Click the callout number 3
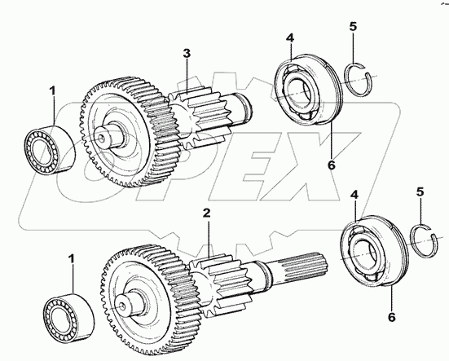click(x=187, y=54)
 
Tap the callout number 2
click(x=206, y=213)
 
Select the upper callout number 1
click(x=53, y=91)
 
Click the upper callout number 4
click(x=290, y=38)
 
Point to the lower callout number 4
click(x=354, y=196)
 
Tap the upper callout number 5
click(x=353, y=26)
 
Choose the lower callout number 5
click(x=420, y=192)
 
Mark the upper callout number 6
click(x=332, y=165)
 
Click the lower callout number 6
click(x=391, y=317)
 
